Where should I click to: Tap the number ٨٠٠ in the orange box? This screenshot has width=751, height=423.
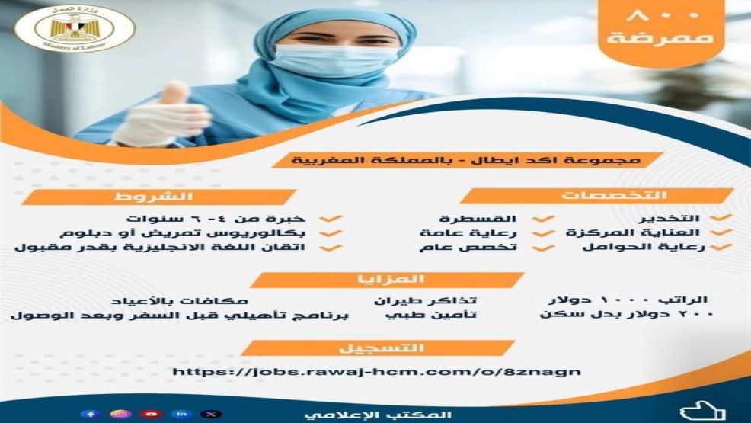point(668,16)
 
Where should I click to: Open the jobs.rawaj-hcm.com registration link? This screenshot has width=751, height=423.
point(376,372)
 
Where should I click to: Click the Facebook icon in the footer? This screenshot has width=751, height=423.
point(91,414)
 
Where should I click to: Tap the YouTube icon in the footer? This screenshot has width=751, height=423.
point(152,414)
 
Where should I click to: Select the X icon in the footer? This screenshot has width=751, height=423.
point(211,414)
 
